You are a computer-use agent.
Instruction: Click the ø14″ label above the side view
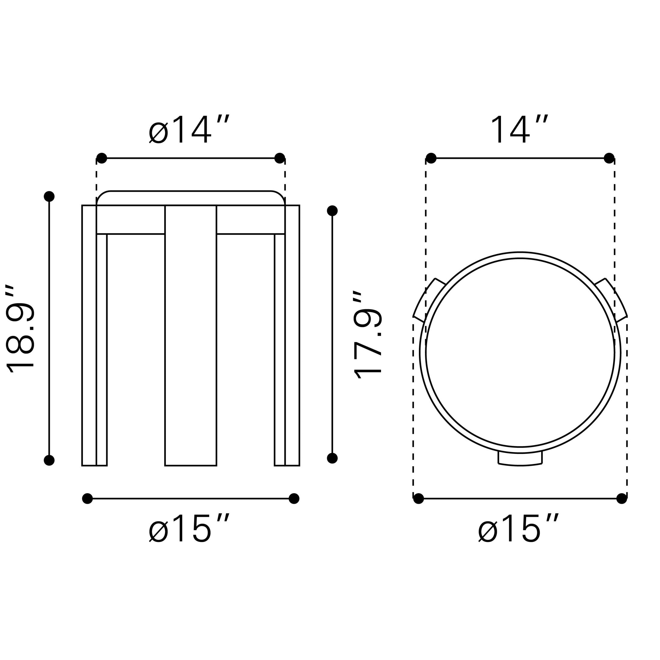(189, 130)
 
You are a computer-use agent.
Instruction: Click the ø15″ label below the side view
(189, 529)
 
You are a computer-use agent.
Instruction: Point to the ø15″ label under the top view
(518, 529)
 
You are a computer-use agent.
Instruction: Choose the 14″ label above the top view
(519, 130)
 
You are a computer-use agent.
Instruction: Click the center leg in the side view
(190, 335)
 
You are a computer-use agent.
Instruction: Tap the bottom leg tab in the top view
(520, 459)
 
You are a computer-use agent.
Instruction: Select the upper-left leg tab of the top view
(429, 300)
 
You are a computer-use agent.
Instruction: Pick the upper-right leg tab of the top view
(611, 300)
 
